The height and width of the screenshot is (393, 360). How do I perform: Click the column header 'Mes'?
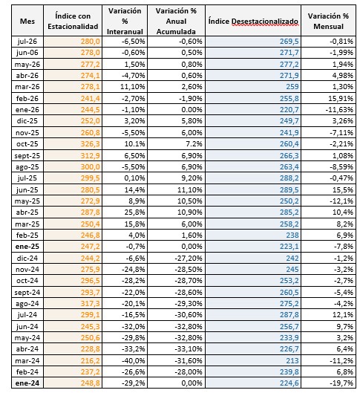[x=27, y=21]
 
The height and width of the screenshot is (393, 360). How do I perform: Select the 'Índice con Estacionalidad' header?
[x=73, y=21]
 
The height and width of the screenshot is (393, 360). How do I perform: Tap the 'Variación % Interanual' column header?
[x=125, y=21]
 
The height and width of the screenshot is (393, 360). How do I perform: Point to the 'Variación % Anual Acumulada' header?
[x=176, y=21]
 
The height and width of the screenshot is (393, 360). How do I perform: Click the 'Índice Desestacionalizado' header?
[x=253, y=22]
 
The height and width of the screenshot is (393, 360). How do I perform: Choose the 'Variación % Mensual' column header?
[x=328, y=21]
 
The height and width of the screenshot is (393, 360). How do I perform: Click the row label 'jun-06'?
[x=27, y=53]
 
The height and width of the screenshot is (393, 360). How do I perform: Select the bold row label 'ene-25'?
[x=27, y=247]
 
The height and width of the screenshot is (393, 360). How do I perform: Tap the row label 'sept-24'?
[x=27, y=292]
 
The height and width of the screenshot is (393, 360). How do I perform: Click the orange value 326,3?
[x=90, y=144]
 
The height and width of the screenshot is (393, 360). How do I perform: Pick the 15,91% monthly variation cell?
[x=341, y=98]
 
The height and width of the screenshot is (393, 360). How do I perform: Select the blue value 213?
[x=292, y=360]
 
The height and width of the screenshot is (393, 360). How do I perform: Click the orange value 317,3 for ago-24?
[x=90, y=304]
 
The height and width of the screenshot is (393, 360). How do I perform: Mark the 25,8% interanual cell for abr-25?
[x=134, y=212]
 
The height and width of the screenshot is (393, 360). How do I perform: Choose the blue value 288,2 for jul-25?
[x=289, y=178]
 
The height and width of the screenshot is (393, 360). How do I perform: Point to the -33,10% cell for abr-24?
[x=189, y=349]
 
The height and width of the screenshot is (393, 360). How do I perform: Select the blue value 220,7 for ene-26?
[x=289, y=109]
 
